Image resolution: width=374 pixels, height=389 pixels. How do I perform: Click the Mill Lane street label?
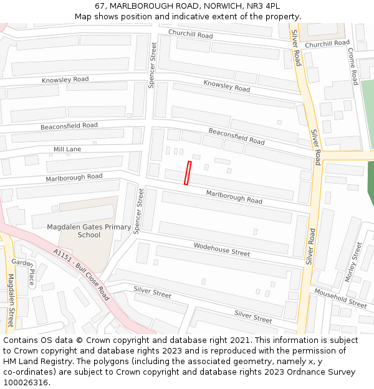[67, 149]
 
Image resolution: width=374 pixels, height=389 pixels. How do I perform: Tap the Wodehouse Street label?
[221, 250]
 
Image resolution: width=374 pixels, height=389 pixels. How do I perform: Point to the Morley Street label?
[353, 262]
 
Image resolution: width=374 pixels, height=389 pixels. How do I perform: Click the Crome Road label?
[352, 66]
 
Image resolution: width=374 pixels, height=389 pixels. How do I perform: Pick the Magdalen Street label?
[11, 301]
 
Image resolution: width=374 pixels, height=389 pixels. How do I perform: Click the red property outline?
[188, 172]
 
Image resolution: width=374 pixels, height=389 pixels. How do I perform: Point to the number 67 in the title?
[100, 6]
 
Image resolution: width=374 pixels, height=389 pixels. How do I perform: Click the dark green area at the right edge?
[370, 184]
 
